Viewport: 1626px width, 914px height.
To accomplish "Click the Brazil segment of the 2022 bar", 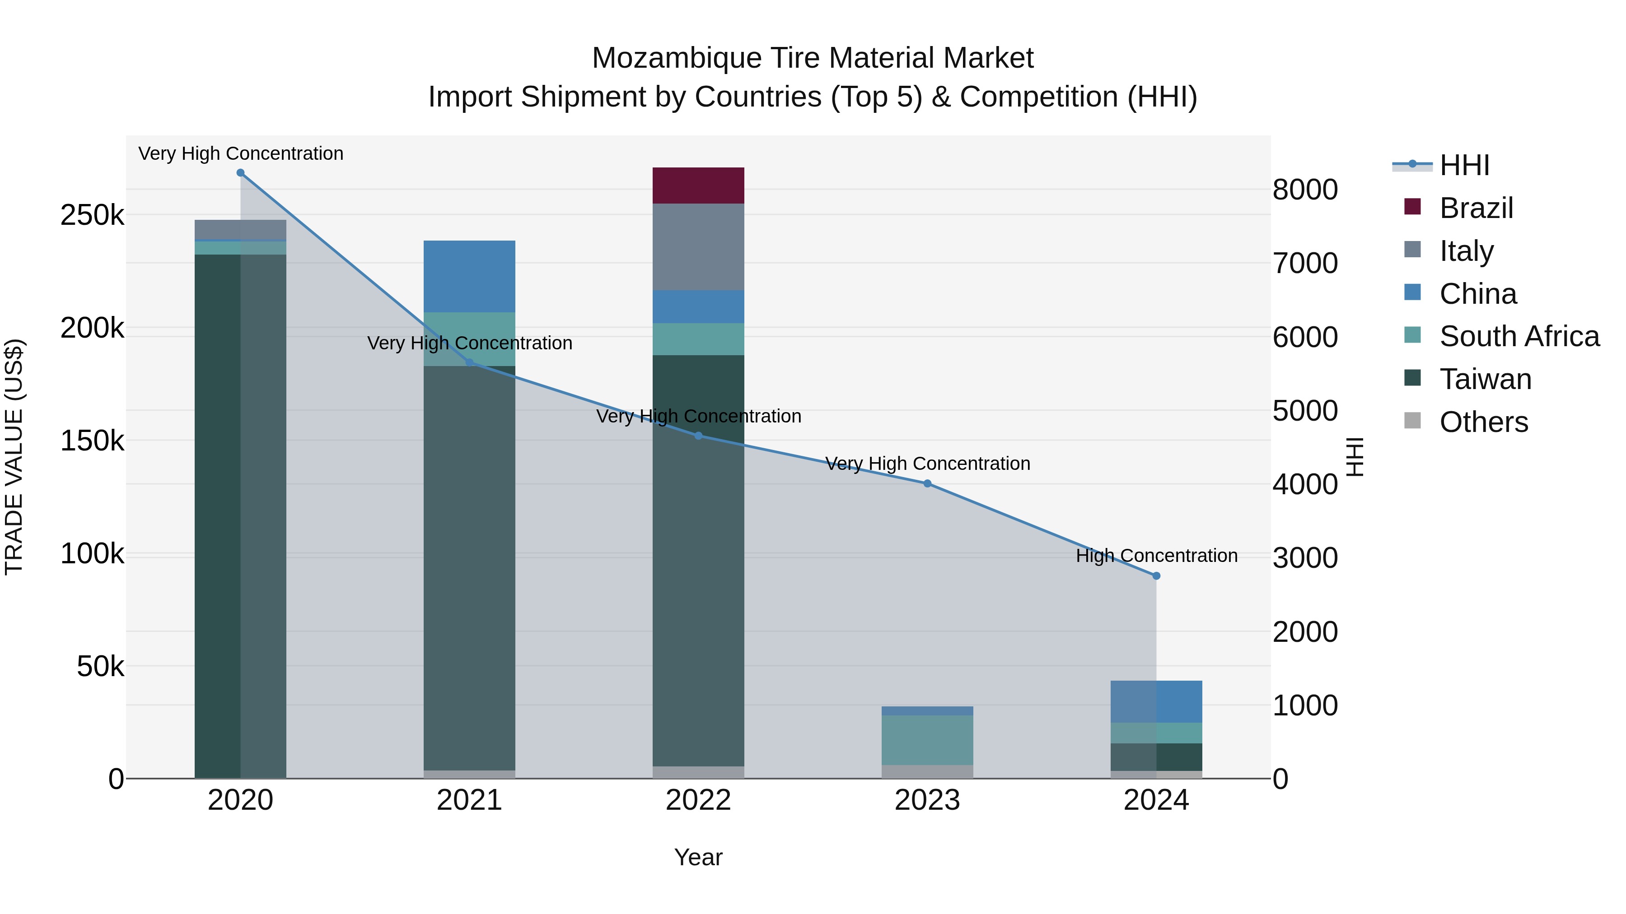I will pos(698,186).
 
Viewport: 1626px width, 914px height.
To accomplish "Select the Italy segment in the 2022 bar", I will pos(698,246).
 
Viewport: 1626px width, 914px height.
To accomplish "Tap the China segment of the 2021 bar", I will pos(469,276).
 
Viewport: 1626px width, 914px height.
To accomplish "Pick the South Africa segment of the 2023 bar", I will pos(927,740).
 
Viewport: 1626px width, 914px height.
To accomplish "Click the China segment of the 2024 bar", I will pos(1156,701).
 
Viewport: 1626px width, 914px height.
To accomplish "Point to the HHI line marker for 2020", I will pos(240,173).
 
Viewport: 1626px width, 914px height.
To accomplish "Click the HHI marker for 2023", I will pos(927,484).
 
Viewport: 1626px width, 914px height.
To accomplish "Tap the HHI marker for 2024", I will pos(1156,576).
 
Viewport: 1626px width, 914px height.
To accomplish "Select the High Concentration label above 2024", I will pos(1156,556).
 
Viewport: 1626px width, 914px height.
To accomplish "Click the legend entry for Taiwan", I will pos(1485,379).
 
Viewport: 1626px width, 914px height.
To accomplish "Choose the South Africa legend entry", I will pos(1519,336).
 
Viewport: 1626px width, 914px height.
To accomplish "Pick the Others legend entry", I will pos(1483,422).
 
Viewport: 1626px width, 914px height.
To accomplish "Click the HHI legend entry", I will pos(1464,165).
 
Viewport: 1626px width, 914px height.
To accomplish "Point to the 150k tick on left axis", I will pos(92,441).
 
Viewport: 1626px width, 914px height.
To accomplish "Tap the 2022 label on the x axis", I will pos(698,800).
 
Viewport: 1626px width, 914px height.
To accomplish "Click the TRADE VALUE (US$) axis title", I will pos(14,457).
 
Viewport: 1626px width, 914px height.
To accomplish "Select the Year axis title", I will pos(698,857).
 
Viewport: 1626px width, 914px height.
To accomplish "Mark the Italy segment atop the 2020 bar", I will pos(240,230).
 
